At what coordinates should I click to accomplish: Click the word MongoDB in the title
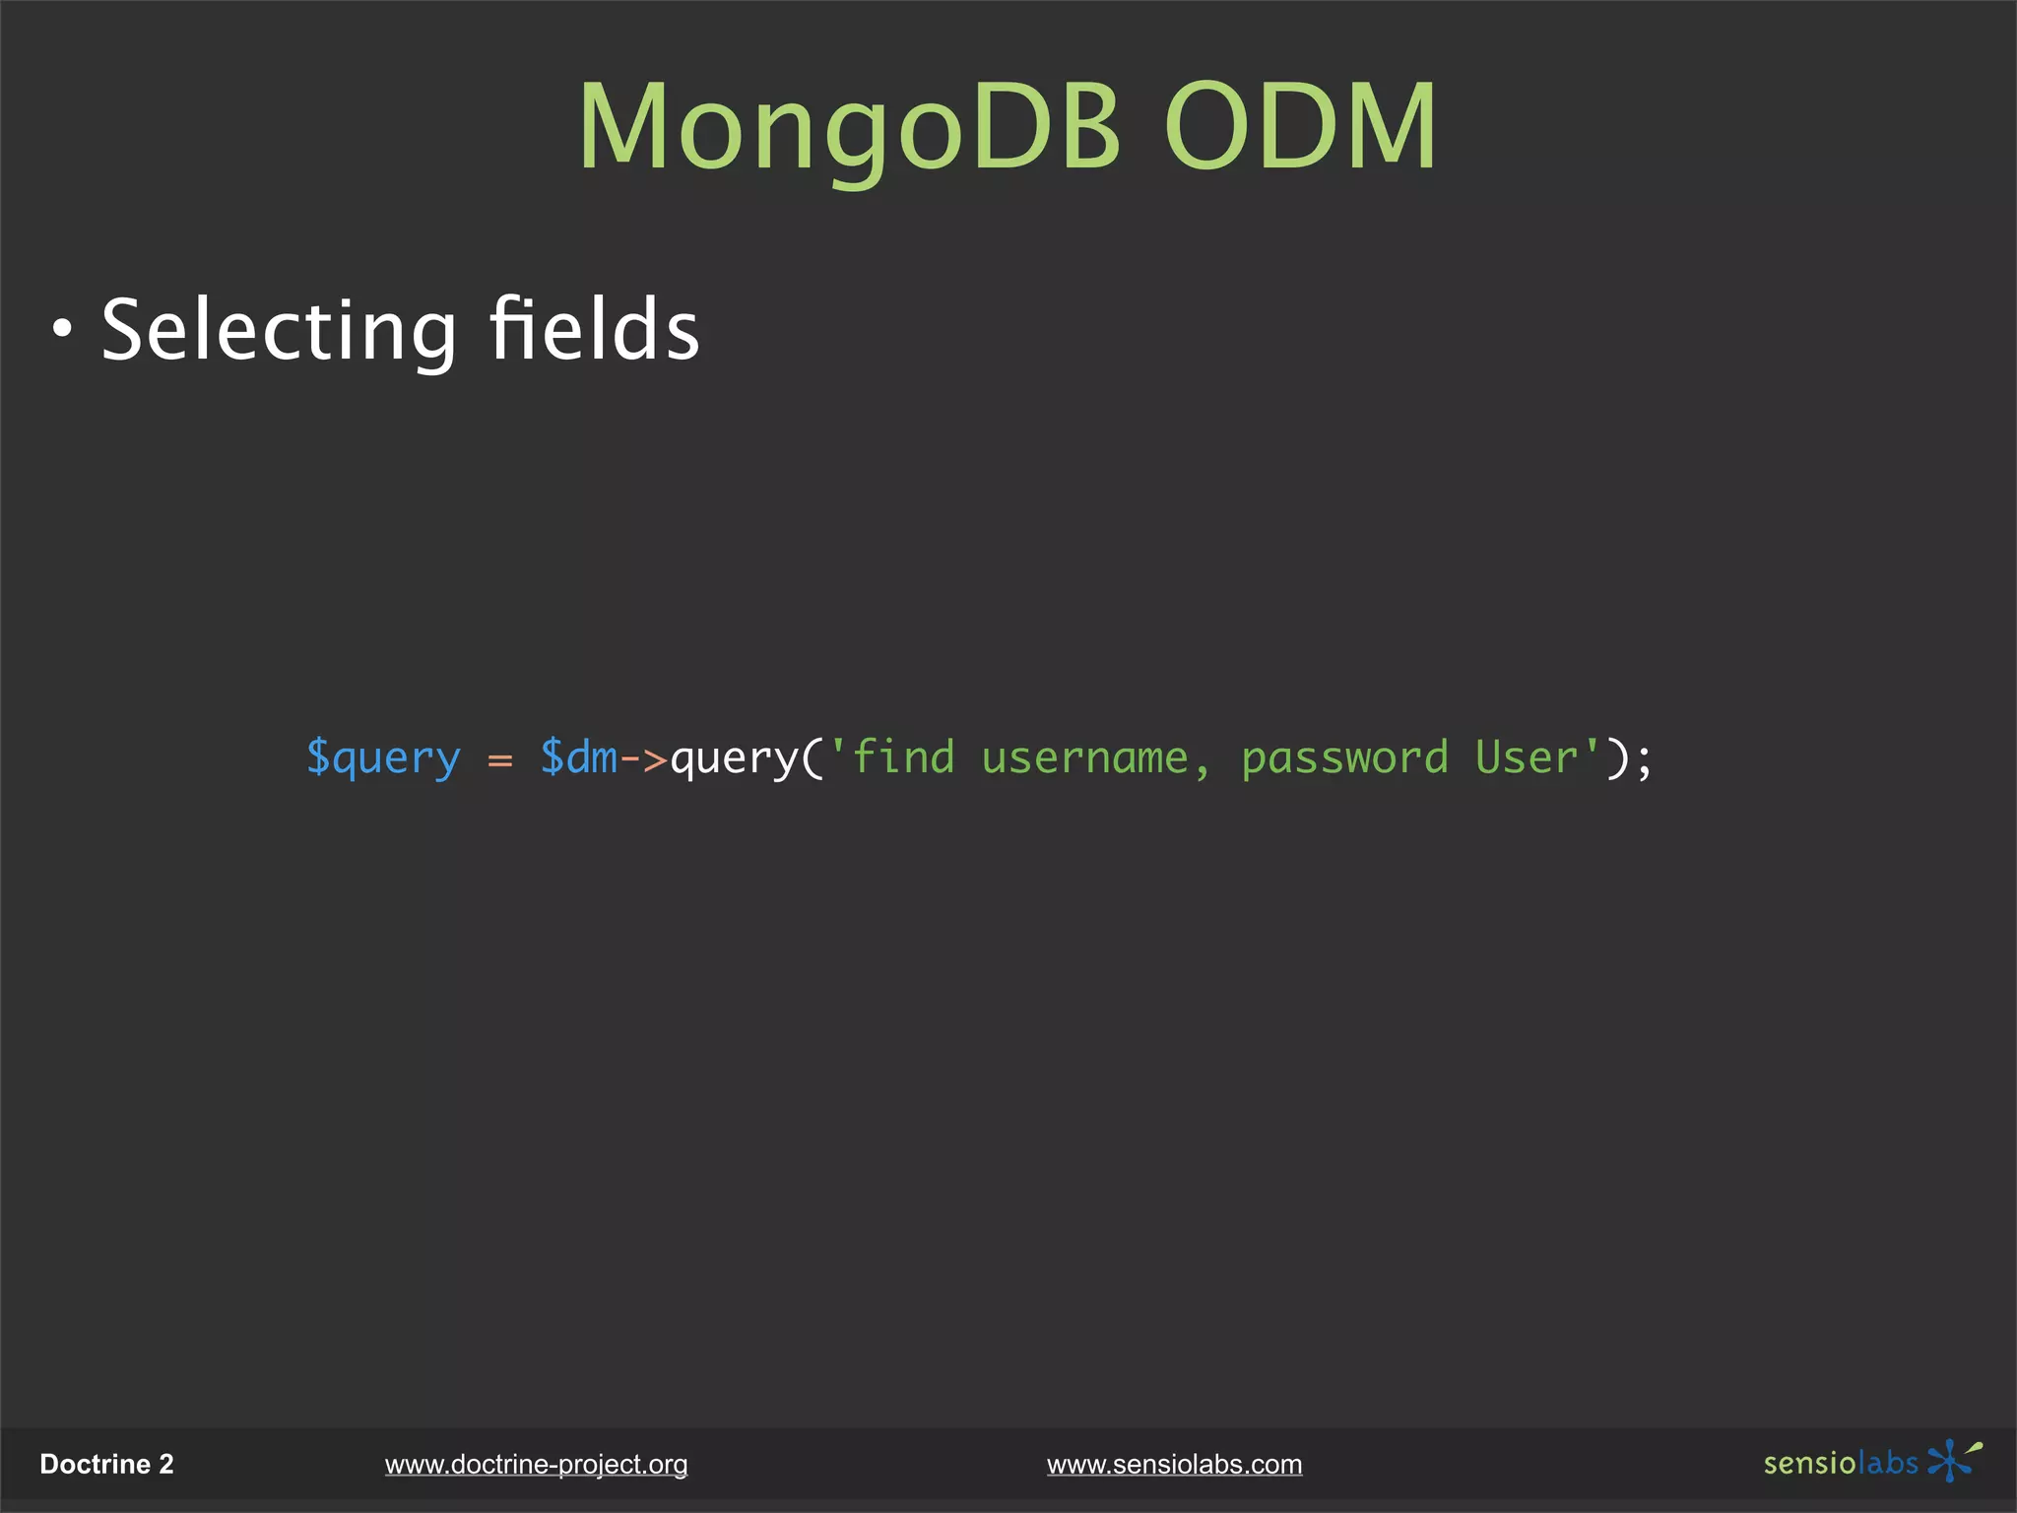(x=849, y=128)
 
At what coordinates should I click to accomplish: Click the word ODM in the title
(x=1300, y=128)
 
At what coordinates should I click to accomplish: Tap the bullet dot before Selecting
(x=63, y=331)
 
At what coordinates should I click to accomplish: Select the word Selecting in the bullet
(x=279, y=331)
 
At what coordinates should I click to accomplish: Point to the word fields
(x=595, y=329)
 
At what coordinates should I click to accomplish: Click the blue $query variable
(x=383, y=758)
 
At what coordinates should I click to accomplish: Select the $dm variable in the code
(x=579, y=758)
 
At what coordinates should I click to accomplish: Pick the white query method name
(x=734, y=758)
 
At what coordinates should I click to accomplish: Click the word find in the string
(x=903, y=758)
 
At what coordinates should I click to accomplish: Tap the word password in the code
(x=1344, y=758)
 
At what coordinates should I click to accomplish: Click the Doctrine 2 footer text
(x=106, y=1465)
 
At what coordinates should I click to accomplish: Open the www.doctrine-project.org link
(x=536, y=1465)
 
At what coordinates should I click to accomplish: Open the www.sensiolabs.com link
(x=1174, y=1465)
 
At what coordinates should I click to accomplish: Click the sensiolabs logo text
(x=1840, y=1464)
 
